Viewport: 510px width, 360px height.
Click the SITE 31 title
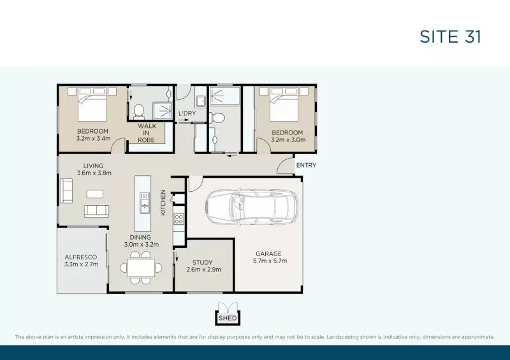point(450,36)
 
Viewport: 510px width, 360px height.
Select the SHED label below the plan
point(227,318)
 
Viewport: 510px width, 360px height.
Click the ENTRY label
point(306,166)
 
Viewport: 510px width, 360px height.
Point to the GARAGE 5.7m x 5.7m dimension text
point(269,261)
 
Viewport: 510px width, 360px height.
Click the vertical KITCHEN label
point(164,202)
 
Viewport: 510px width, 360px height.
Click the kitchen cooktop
point(179,219)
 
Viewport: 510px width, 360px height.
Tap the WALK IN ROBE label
point(147,133)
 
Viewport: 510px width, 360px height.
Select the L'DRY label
point(187,114)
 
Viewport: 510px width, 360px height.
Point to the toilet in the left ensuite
point(138,111)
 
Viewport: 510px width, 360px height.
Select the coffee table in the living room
point(95,194)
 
